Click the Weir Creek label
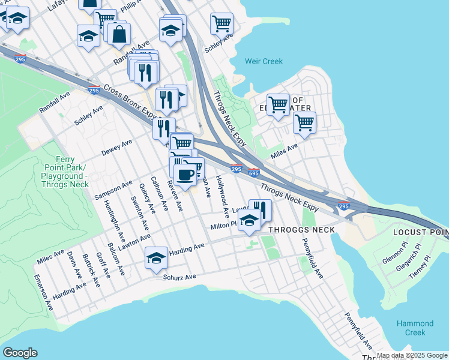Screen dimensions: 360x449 [x=264, y=61]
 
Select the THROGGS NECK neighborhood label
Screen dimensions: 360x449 [x=301, y=230]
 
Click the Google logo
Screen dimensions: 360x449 [x=20, y=353]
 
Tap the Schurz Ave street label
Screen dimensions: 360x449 [x=179, y=277]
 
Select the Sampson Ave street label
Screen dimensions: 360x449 [x=113, y=190]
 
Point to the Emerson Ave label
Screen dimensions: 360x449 [x=44, y=292]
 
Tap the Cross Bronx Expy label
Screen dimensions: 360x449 [x=129, y=101]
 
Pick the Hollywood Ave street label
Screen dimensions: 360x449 [x=223, y=196]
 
